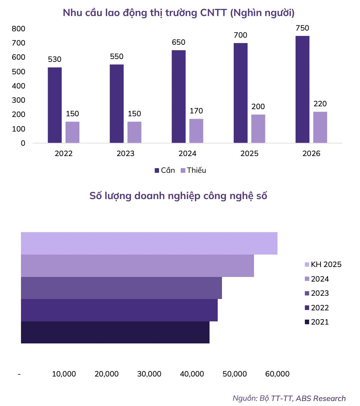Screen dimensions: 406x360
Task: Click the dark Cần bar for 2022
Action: click(x=54, y=105)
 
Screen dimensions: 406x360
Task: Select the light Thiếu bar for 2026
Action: click(x=320, y=127)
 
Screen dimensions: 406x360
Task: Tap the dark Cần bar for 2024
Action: click(x=179, y=97)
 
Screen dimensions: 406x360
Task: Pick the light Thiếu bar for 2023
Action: click(x=134, y=132)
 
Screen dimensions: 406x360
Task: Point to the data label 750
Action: click(x=302, y=28)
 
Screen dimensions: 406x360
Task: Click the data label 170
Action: click(x=196, y=111)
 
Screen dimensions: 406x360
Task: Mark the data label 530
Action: click(x=54, y=59)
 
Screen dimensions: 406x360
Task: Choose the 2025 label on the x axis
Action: click(x=249, y=154)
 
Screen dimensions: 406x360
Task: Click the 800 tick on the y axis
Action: click(x=18, y=29)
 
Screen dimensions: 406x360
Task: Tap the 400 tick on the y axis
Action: click(x=18, y=86)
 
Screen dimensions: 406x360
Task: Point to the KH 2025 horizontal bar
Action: click(x=149, y=244)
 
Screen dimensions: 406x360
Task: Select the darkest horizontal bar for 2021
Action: click(x=115, y=332)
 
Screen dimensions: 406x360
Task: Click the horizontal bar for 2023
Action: click(x=121, y=288)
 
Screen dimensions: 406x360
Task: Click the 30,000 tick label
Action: click(x=149, y=374)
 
